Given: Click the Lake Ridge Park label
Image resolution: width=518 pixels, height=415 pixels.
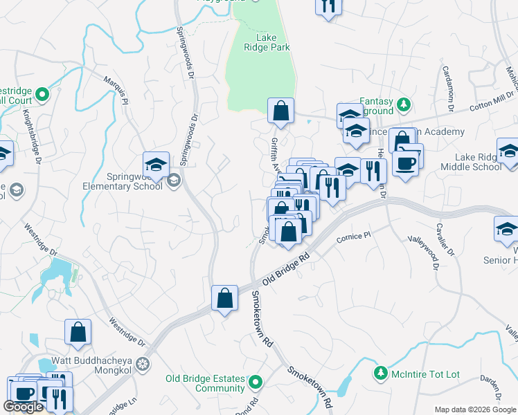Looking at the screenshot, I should tap(267, 43).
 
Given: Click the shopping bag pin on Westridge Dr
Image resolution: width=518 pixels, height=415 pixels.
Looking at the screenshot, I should tap(78, 331).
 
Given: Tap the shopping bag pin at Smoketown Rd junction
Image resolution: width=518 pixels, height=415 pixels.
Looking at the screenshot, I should tap(225, 298).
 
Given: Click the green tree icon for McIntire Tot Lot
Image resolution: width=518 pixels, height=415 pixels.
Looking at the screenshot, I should tap(379, 374).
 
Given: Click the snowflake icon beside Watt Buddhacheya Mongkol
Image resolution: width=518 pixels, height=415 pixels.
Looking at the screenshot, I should tap(142, 362).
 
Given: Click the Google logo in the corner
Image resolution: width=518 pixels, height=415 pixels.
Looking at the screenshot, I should tap(23, 407).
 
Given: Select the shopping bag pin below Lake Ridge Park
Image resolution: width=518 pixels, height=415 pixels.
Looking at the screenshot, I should tap(280, 111).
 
